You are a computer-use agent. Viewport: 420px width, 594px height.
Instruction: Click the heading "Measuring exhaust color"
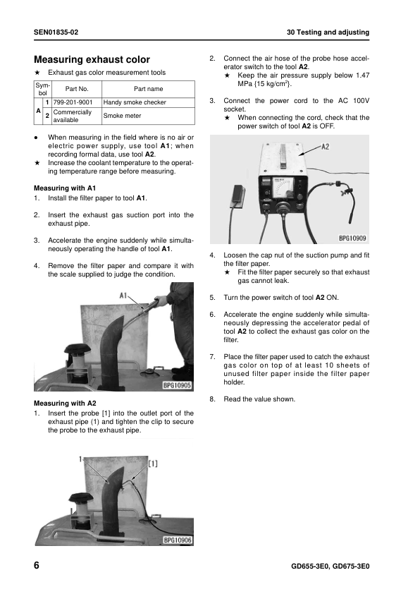coord(92,59)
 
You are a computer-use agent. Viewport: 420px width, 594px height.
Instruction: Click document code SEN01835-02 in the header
coord(56,32)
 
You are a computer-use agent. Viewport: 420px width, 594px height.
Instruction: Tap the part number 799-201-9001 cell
coord(73,102)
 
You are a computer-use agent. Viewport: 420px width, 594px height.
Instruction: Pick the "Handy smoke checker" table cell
coord(135,102)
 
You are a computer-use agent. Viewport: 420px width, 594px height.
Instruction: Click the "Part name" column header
coord(148,89)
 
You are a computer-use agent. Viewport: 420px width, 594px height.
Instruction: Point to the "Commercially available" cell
coord(73,116)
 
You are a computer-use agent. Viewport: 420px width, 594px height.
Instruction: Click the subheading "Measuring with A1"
coord(65,188)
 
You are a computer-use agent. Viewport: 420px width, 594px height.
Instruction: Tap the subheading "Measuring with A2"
coord(65,403)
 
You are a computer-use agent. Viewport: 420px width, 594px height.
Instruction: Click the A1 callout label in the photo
coord(123,295)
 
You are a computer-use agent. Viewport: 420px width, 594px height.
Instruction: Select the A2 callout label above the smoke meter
coord(325,146)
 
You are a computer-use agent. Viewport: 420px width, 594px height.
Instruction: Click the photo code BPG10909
coord(352,238)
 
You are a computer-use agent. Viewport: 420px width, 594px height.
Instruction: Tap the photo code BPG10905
coord(177,386)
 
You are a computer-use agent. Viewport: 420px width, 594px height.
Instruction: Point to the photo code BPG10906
coord(177,540)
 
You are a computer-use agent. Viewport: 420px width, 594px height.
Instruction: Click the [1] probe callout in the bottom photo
coord(152,463)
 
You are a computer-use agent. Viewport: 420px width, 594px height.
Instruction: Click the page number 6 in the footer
coord(37,566)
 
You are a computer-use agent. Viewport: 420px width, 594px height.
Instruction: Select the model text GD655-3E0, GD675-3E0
coord(331,566)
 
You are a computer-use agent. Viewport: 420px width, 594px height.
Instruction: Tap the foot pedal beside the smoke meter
coord(237,197)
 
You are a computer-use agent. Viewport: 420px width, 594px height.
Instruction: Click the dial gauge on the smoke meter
coord(283,188)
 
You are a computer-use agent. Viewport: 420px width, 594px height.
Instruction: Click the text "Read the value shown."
coord(259,399)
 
